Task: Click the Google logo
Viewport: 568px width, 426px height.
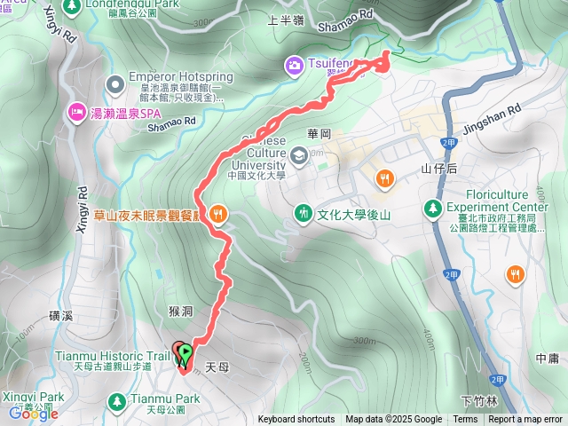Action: [34, 413]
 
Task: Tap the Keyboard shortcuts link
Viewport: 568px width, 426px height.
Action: [296, 420]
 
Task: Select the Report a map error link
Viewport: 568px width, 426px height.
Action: [525, 420]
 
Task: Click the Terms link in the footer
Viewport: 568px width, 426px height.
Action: [465, 420]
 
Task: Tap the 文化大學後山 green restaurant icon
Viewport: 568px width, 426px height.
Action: [303, 213]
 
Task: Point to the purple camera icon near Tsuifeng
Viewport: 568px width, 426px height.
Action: [294, 64]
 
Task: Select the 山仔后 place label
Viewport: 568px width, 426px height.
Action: [438, 167]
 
